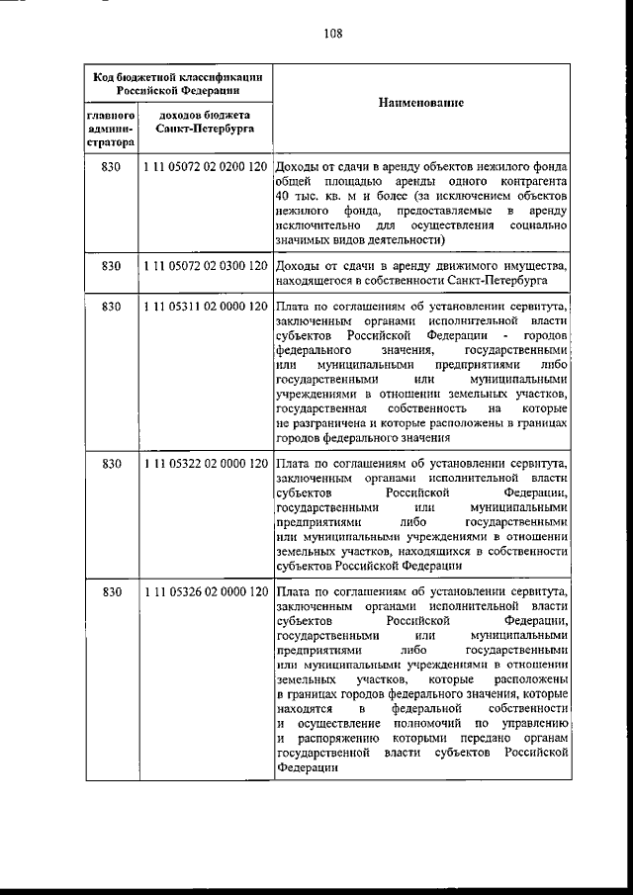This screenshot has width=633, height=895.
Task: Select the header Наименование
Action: coord(421,103)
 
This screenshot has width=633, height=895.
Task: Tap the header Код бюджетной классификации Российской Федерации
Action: coord(177,81)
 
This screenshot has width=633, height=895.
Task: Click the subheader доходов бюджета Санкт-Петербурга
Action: coord(206,123)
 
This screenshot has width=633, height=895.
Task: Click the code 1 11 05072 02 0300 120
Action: coord(206,266)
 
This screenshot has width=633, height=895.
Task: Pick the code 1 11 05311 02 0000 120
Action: coord(206,307)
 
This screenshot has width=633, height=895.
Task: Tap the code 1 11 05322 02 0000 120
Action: coord(206,463)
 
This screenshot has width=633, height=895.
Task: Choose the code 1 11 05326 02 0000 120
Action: coord(206,591)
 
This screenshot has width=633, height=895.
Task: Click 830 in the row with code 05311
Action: coord(112,307)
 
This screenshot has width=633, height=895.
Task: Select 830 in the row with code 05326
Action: coord(112,591)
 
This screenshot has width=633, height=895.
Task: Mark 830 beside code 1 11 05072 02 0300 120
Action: coord(112,266)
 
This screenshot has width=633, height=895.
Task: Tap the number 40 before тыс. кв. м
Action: coord(284,197)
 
